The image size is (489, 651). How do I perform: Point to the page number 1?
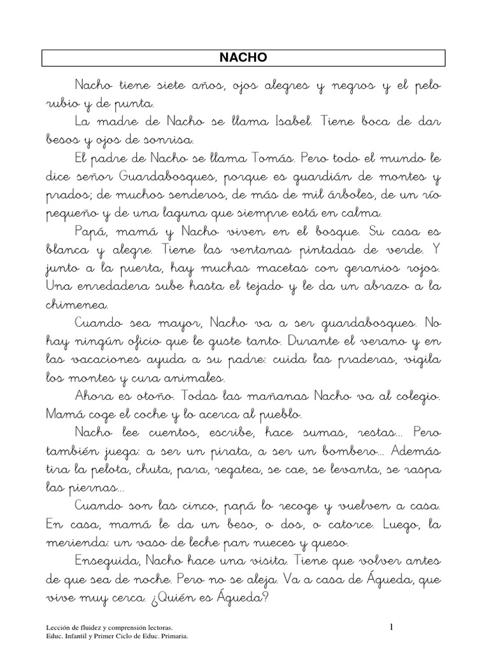[392, 627]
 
